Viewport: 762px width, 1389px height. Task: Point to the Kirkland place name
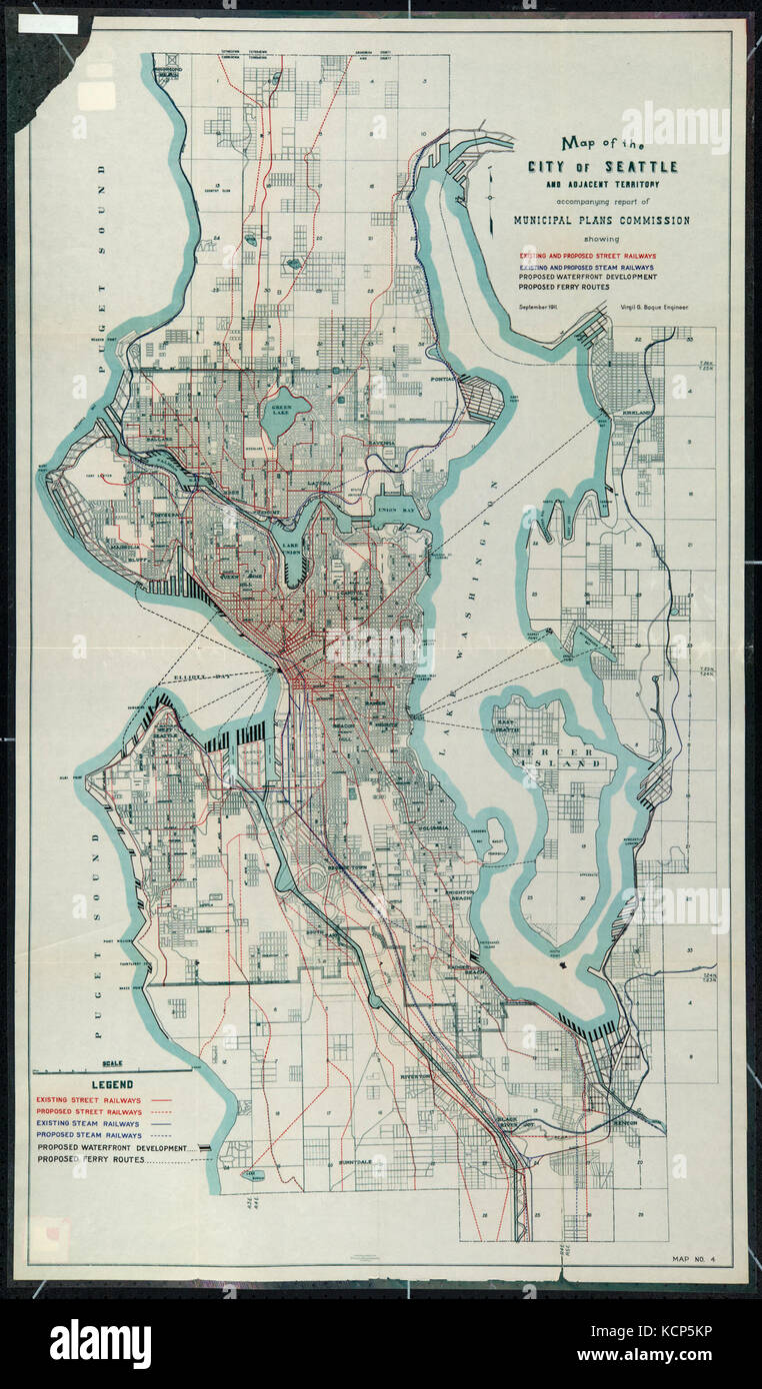click(637, 413)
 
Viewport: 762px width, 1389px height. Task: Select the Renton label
click(624, 1123)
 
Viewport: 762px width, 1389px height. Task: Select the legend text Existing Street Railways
click(88, 1099)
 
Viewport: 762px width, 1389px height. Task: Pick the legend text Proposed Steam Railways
click(88, 1136)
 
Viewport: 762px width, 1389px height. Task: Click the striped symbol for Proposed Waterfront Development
click(201, 1148)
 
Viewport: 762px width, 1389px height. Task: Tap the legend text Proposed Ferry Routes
click(100, 1161)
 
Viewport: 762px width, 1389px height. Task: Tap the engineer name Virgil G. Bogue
click(656, 308)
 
